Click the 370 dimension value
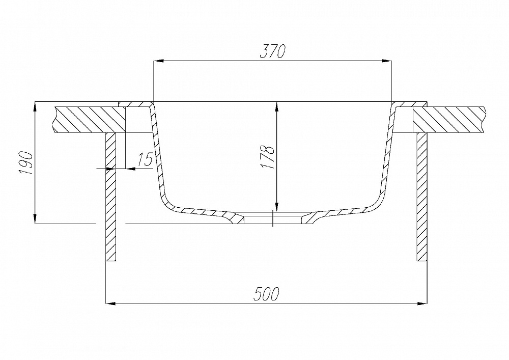pyautogui.click(x=273, y=51)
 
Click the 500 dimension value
pyautogui.click(x=267, y=294)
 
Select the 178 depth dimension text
pyautogui.click(x=268, y=156)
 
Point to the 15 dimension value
pyautogui.click(x=145, y=160)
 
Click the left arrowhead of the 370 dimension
pyautogui.click(x=158, y=61)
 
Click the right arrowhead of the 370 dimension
pyautogui.click(x=387, y=61)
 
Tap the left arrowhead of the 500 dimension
pyautogui.click(x=111, y=304)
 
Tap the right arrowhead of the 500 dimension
pyautogui.click(x=422, y=304)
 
